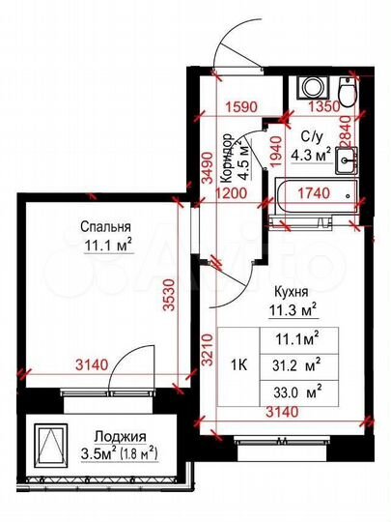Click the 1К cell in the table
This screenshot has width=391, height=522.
tap(242, 365)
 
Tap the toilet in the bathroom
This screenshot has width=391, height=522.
tap(348, 89)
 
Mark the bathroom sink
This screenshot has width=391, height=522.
tap(348, 154)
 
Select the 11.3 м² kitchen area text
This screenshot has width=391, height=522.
tap(293, 310)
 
